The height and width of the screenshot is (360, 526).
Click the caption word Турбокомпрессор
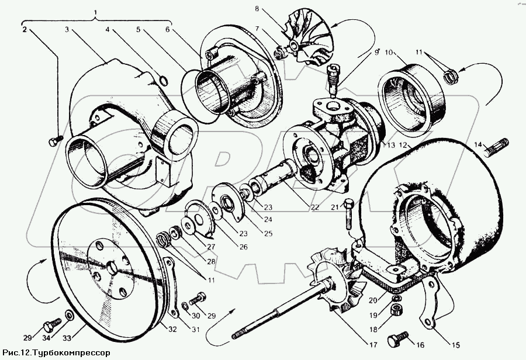pos(70,353)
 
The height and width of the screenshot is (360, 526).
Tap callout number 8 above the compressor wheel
pos(256,9)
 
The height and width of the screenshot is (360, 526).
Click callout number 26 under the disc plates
pos(243,247)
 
